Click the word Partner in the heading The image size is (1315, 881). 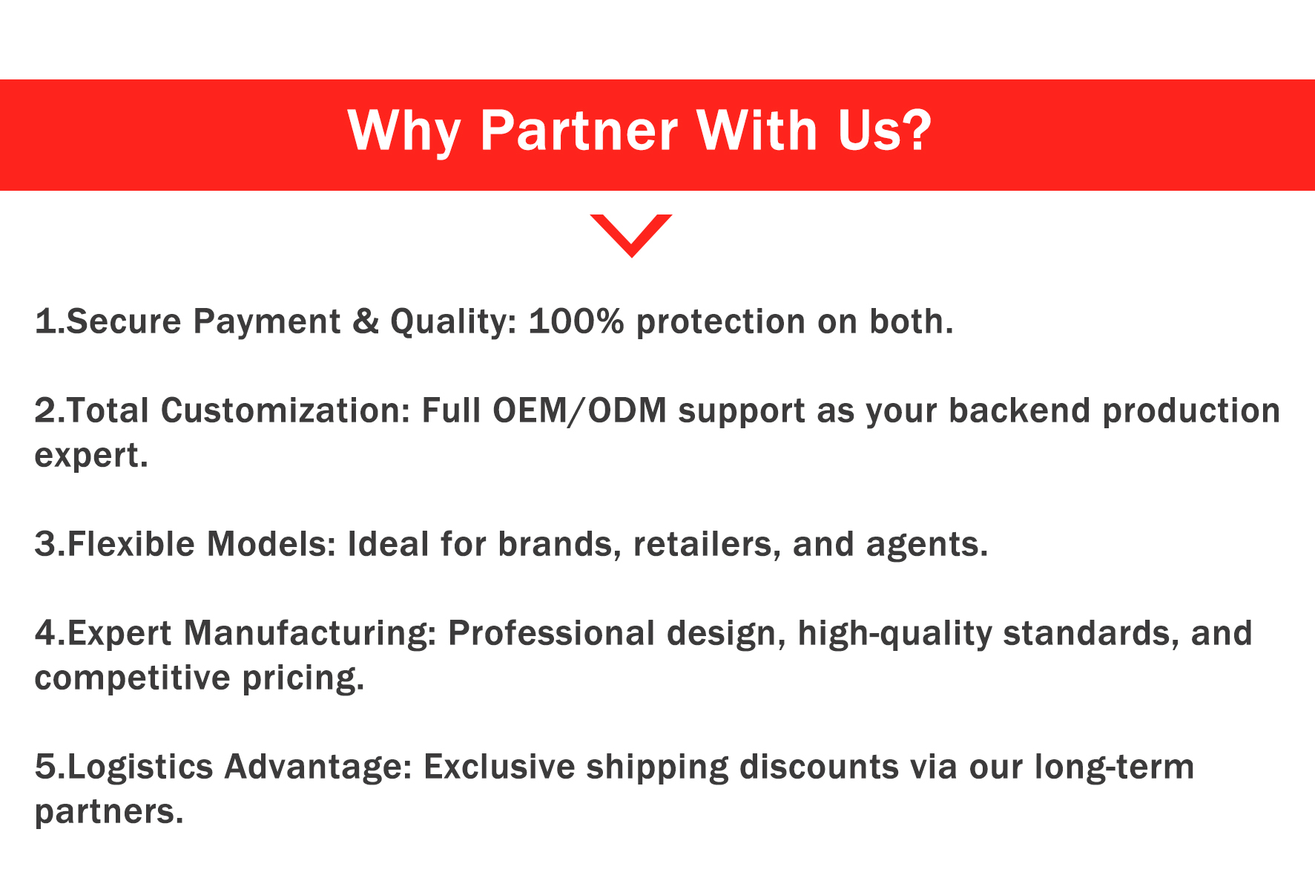[579, 131]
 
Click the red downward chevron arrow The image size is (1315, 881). [631, 235]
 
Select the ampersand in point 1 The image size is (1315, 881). [366, 321]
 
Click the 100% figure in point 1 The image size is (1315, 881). [576, 321]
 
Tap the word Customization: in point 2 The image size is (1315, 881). [286, 410]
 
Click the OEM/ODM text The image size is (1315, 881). [579, 410]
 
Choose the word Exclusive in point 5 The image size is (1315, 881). [499, 767]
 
